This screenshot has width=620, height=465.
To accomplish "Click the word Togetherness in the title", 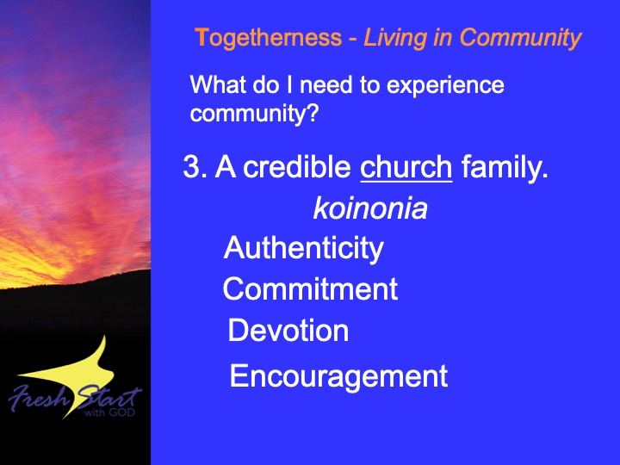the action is (268, 39).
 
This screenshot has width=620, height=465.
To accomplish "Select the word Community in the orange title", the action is (520, 39).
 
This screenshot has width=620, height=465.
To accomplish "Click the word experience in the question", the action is (445, 86).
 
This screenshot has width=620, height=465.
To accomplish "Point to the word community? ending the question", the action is (254, 114).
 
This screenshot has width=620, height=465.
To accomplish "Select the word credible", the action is (296, 166).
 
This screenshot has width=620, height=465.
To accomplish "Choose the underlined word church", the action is (406, 166).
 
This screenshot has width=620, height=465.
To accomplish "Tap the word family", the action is (505, 168).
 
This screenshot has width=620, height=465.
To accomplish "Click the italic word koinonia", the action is (370, 208).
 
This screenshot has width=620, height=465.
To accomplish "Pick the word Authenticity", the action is (303, 249).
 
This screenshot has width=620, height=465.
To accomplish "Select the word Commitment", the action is (310, 288).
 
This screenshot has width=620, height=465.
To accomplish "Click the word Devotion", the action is (288, 330).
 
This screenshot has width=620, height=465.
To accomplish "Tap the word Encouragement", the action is (338, 377).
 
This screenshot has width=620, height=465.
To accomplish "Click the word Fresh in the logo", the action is (39, 397).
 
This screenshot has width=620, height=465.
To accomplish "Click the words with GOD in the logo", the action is (109, 412).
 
